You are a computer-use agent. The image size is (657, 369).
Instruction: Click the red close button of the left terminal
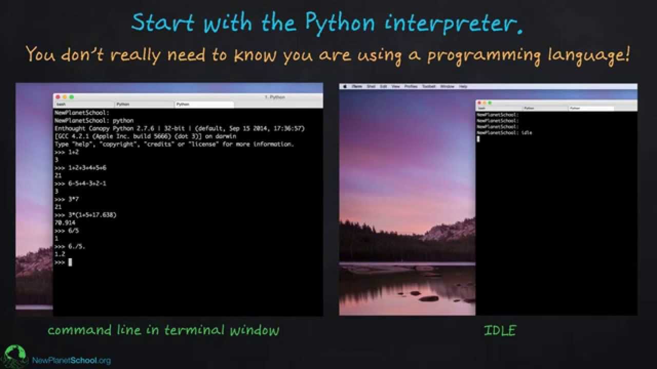(59, 97)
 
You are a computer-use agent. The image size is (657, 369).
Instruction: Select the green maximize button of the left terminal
(72, 97)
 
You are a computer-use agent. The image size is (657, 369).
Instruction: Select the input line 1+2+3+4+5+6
(87, 168)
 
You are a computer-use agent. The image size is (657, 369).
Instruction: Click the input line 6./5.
(77, 247)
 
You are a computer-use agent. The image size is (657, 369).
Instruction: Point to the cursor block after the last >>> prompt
(70, 262)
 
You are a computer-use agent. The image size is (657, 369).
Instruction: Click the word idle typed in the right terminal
(527, 133)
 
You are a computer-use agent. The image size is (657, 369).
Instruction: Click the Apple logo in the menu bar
(345, 87)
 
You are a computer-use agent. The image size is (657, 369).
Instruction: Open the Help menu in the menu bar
(463, 87)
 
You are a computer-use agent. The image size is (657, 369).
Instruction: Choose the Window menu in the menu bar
(447, 87)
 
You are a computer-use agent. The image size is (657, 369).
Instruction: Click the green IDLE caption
(499, 331)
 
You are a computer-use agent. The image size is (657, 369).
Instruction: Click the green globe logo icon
(15, 356)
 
